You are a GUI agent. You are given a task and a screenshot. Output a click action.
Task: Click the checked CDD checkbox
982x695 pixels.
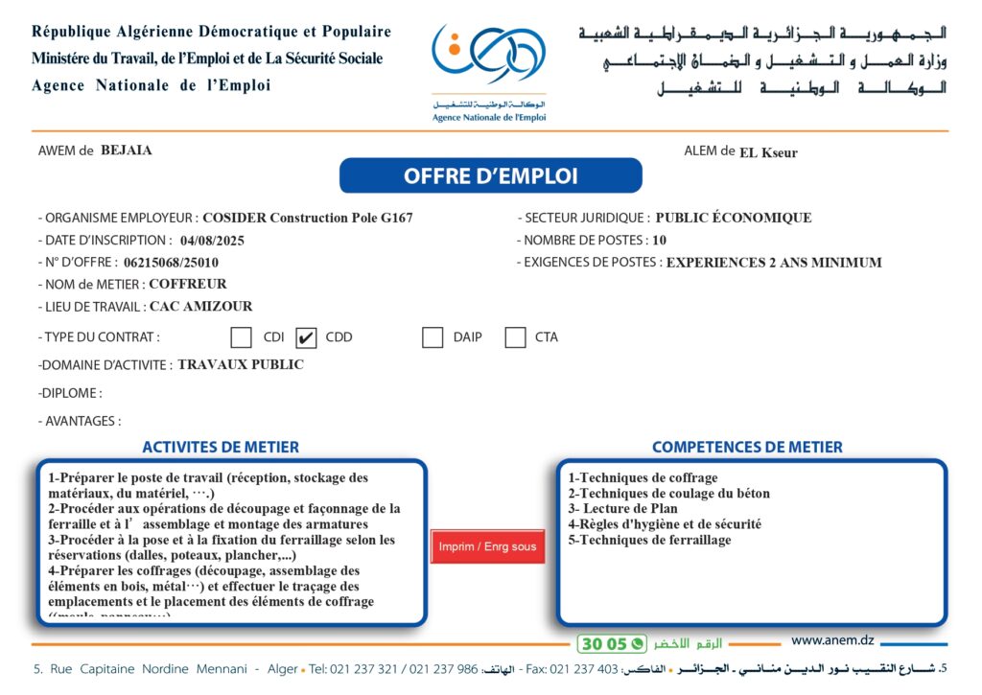[307, 337]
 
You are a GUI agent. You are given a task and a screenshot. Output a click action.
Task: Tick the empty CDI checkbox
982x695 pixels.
[242, 337]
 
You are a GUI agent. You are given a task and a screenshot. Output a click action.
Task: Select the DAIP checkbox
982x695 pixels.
[433, 337]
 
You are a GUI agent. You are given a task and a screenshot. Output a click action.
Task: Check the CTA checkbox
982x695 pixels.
[515, 337]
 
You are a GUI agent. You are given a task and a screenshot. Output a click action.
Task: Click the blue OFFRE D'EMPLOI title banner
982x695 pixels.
[490, 176]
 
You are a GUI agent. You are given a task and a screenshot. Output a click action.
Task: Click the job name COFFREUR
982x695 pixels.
[188, 285]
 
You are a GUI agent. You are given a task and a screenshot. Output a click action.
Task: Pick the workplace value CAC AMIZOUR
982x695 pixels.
[201, 307]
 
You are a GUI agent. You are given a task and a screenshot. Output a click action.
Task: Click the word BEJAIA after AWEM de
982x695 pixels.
[127, 151]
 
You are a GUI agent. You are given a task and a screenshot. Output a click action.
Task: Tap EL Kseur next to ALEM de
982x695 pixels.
[768, 152]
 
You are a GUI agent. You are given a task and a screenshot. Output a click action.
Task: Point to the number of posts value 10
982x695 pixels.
[659, 241]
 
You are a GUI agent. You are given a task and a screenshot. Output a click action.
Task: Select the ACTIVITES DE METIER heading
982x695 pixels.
[221, 447]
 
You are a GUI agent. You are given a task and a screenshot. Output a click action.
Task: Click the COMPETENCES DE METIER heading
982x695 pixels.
[747, 447]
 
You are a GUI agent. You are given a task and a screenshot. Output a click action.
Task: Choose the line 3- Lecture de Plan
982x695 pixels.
[622, 509]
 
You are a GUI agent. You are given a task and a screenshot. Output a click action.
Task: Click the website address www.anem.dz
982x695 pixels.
[832, 640]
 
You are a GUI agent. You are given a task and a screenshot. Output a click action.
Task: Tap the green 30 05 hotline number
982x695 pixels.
[603, 644]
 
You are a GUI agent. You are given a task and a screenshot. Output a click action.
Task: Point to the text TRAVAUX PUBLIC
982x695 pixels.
[241, 365]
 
